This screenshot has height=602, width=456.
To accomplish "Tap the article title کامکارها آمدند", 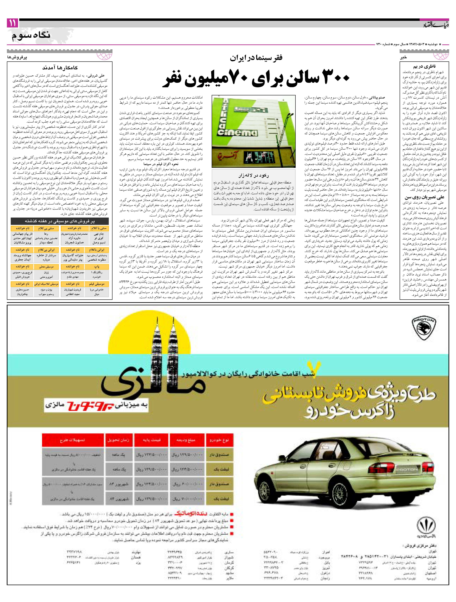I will click(60, 68).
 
